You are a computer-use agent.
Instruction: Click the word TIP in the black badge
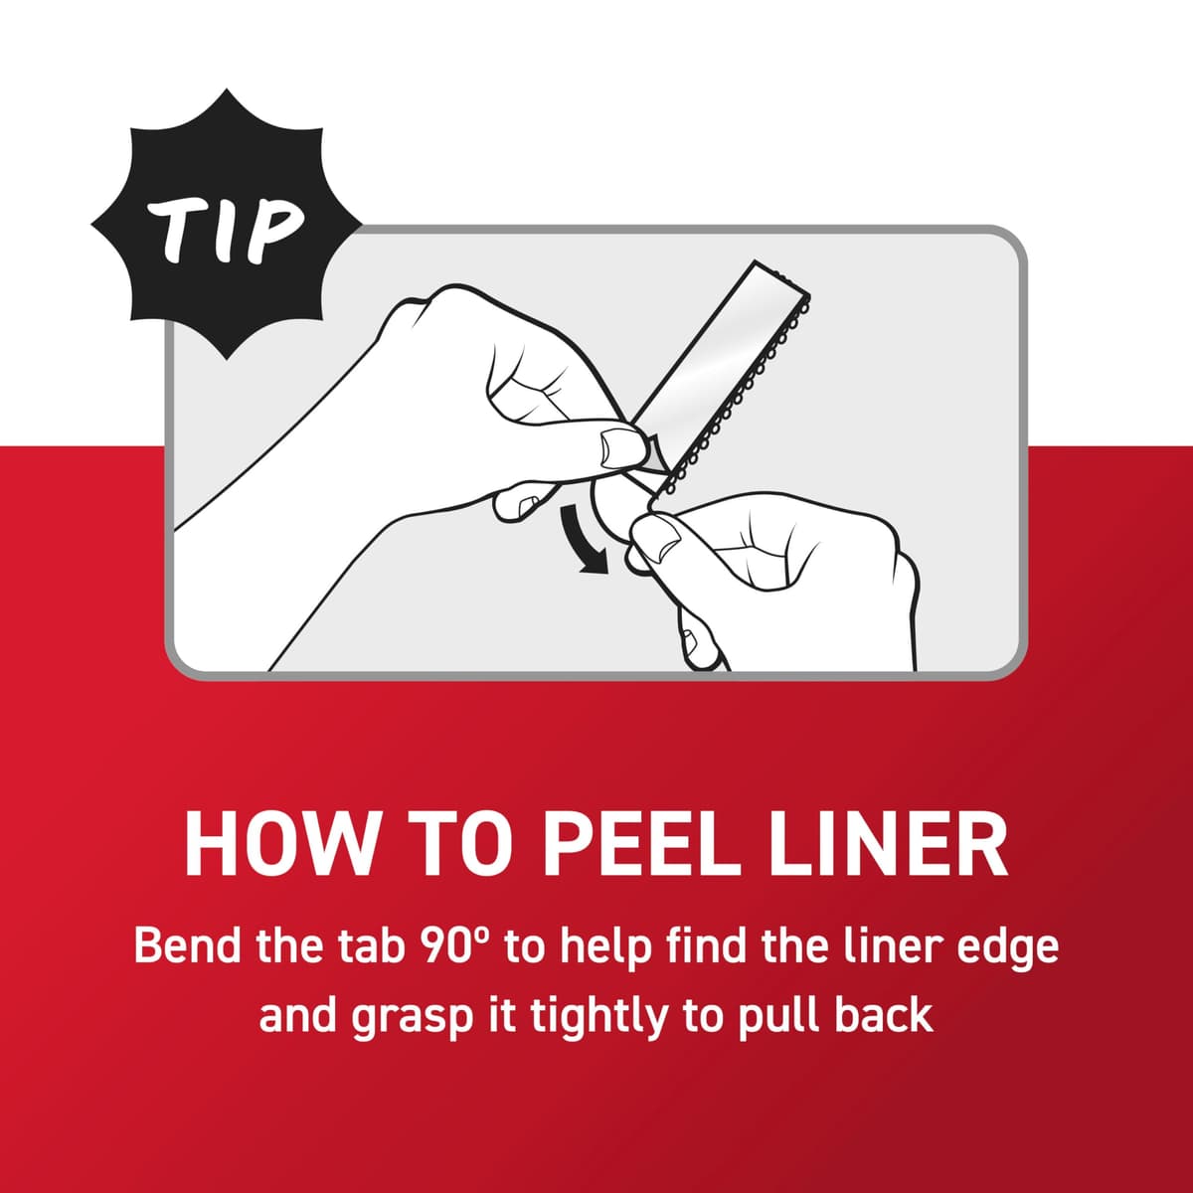(226, 231)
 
